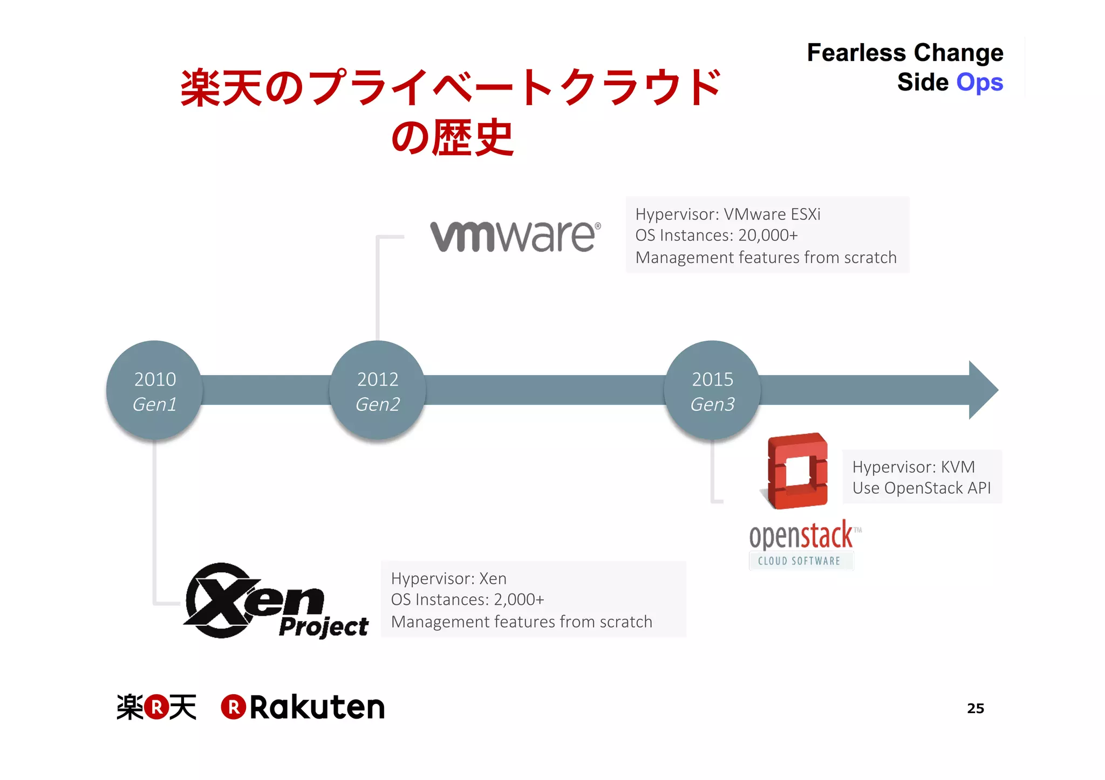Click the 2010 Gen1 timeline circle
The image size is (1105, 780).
click(154, 390)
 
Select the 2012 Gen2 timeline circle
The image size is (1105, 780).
click(378, 390)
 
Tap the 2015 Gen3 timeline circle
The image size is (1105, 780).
click(712, 390)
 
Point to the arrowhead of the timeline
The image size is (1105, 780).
click(983, 390)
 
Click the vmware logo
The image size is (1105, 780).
click(515, 236)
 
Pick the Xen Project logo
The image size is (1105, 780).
click(275, 601)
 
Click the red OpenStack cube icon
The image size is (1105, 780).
click(797, 471)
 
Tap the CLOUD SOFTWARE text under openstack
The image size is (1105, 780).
click(799, 561)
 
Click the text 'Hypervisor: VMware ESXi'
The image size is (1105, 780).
click(727, 214)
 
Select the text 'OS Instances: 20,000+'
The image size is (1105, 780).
click(716, 236)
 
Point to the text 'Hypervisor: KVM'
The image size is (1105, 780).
click(913, 467)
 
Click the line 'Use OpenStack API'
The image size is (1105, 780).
click(921, 488)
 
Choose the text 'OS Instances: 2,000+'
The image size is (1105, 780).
click(467, 599)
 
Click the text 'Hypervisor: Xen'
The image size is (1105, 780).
click(448, 578)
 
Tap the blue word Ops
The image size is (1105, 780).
click(979, 82)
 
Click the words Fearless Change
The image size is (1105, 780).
click(905, 53)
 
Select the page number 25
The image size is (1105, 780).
click(975, 708)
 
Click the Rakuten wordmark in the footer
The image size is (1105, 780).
click(317, 707)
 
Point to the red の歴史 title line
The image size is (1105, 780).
click(452, 138)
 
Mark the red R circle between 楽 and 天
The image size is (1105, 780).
click(156, 707)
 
